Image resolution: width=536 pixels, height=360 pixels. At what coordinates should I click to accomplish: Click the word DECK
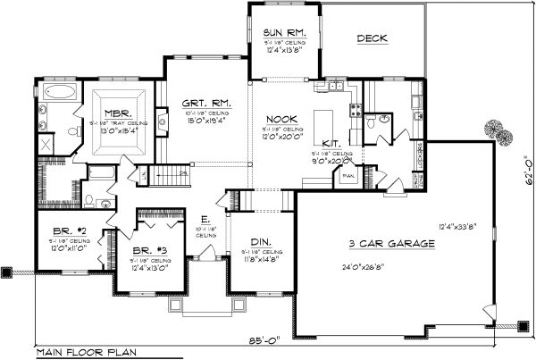click(x=373, y=38)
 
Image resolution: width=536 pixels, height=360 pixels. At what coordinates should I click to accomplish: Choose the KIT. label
click(x=330, y=142)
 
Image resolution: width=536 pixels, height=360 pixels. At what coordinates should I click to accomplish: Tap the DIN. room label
click(x=261, y=242)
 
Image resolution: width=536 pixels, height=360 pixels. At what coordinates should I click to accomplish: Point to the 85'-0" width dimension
click(x=268, y=339)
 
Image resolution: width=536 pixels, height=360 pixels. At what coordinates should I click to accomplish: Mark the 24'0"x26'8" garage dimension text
click(x=389, y=266)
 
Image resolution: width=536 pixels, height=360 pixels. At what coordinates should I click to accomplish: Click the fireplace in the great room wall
click(x=161, y=117)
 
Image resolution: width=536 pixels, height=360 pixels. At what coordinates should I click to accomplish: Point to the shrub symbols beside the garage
click(x=496, y=134)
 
